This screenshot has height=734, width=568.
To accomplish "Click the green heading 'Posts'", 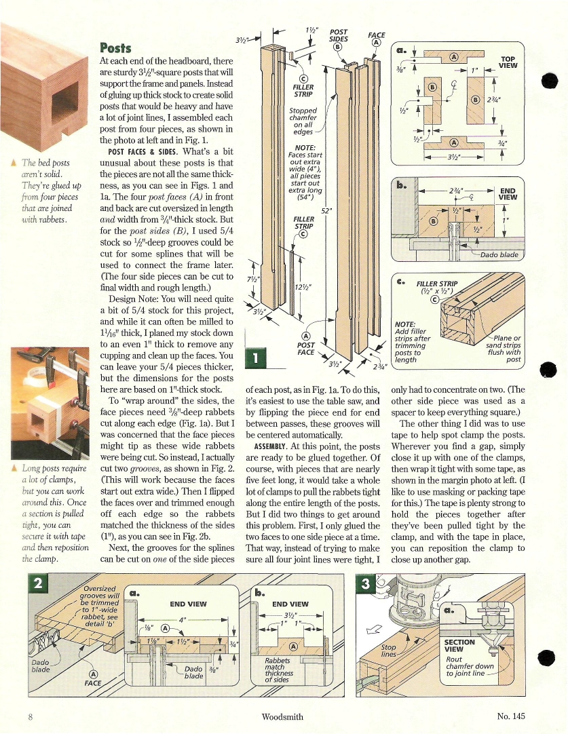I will pyautogui.click(x=115, y=47).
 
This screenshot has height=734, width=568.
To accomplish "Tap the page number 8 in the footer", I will pyautogui.click(x=31, y=716).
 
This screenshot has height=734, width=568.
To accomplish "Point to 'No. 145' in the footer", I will pyautogui.click(x=511, y=716).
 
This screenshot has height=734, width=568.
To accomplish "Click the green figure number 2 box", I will pyautogui.click(x=43, y=584).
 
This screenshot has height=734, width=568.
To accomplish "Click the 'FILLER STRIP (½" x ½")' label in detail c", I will pyautogui.click(x=438, y=288).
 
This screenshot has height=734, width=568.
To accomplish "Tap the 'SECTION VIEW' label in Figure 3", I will pyautogui.click(x=459, y=645).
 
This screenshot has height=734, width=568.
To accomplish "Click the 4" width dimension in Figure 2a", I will pyautogui.click(x=181, y=619).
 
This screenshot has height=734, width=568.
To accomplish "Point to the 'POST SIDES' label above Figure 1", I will pyautogui.click(x=338, y=36).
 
